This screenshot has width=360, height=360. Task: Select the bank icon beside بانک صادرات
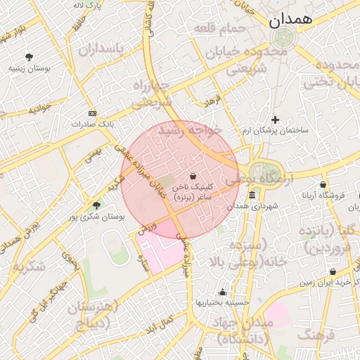(91, 112)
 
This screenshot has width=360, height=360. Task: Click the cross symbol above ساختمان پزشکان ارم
(275, 120)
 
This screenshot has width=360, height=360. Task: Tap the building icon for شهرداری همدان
(252, 194)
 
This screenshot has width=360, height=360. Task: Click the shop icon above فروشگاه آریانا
(323, 185)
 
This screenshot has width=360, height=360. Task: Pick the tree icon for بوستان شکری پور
(96, 205)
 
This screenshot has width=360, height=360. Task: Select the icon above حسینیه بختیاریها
(222, 292)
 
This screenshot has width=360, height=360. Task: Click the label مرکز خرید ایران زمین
(326, 282)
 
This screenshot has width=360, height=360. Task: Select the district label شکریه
(29, 266)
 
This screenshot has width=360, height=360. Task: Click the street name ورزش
(146, 229)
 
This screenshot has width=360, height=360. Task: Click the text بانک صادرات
(92, 124)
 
